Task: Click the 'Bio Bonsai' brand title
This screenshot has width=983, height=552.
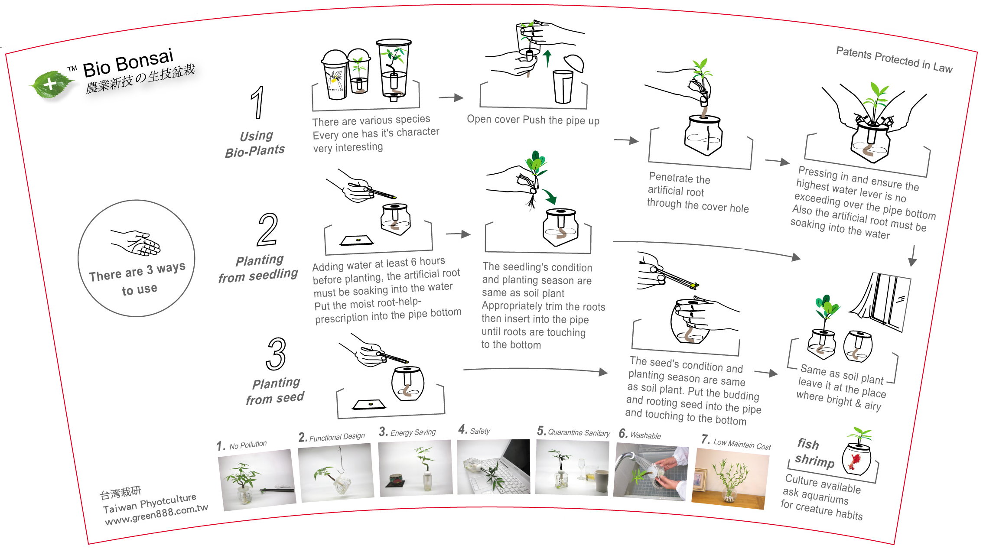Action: pyautogui.click(x=128, y=62)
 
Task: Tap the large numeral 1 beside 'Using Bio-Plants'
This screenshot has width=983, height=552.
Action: pyautogui.click(x=258, y=102)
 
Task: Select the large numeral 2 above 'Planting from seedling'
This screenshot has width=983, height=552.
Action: pyautogui.click(x=267, y=230)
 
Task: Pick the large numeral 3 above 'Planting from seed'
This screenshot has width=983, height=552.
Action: pyautogui.click(x=277, y=354)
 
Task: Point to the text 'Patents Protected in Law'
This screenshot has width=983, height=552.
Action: pyautogui.click(x=894, y=60)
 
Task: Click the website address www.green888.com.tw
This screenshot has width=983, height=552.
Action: pyautogui.click(x=156, y=515)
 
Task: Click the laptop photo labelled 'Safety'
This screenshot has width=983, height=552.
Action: pyautogui.click(x=494, y=467)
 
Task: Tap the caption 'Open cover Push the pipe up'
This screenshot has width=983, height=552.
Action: pyautogui.click(x=533, y=120)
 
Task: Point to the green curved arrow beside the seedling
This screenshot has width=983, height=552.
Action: pyautogui.click(x=550, y=196)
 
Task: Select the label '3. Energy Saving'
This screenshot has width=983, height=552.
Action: pyautogui.click(x=407, y=432)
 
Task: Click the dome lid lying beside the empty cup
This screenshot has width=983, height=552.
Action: pyautogui.click(x=573, y=63)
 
